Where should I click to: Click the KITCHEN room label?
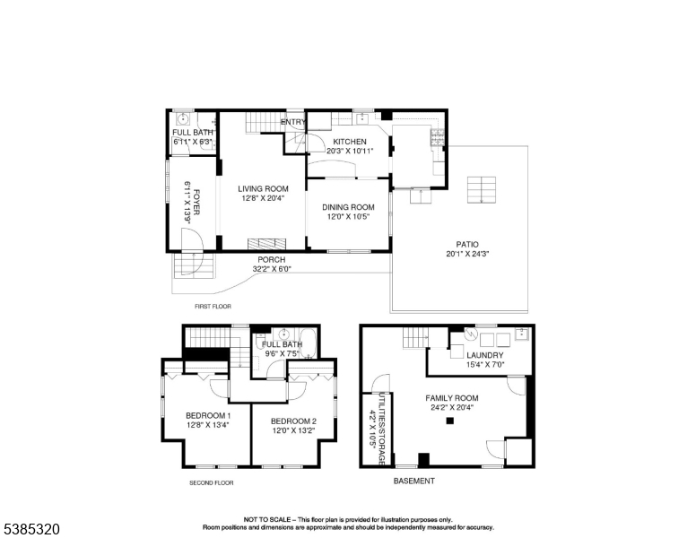350,142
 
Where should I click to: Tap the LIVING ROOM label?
263,188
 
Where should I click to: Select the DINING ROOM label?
349,206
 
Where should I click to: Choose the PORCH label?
272,259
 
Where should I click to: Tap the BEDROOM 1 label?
208,415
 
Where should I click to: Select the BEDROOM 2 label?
293,421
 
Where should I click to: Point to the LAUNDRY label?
484,355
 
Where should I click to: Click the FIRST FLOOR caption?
212,307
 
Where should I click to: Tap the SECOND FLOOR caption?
211,482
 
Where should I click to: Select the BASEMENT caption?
414,482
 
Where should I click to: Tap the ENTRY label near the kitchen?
293,122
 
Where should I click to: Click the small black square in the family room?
451,420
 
